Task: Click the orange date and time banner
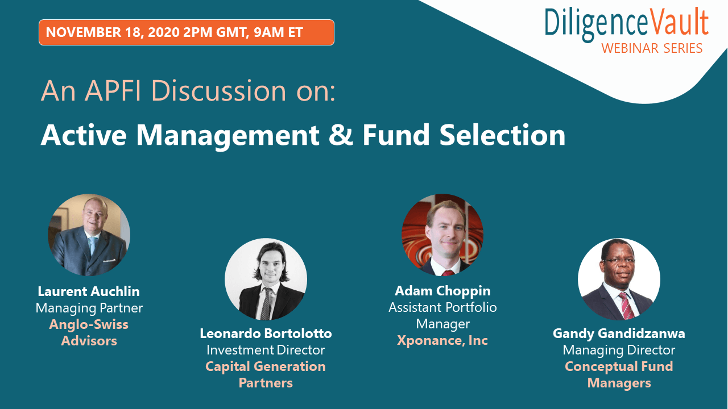(186, 32)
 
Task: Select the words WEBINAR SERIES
(652, 48)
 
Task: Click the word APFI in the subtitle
(114, 91)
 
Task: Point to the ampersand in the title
(341, 135)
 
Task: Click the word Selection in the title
(502, 135)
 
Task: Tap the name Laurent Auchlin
(89, 291)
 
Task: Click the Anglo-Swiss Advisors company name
(89, 332)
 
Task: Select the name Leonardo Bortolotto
(266, 333)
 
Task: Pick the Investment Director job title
(266, 350)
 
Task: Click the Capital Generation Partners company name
(266, 374)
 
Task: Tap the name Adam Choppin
(442, 291)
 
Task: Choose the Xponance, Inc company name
(442, 340)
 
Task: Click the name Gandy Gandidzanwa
(619, 333)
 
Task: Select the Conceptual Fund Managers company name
(619, 374)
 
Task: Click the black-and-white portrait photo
(266, 279)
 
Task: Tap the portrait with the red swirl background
(442, 235)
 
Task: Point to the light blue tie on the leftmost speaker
(93, 245)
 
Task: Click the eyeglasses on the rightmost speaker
(618, 261)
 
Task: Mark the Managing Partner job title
(89, 308)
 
